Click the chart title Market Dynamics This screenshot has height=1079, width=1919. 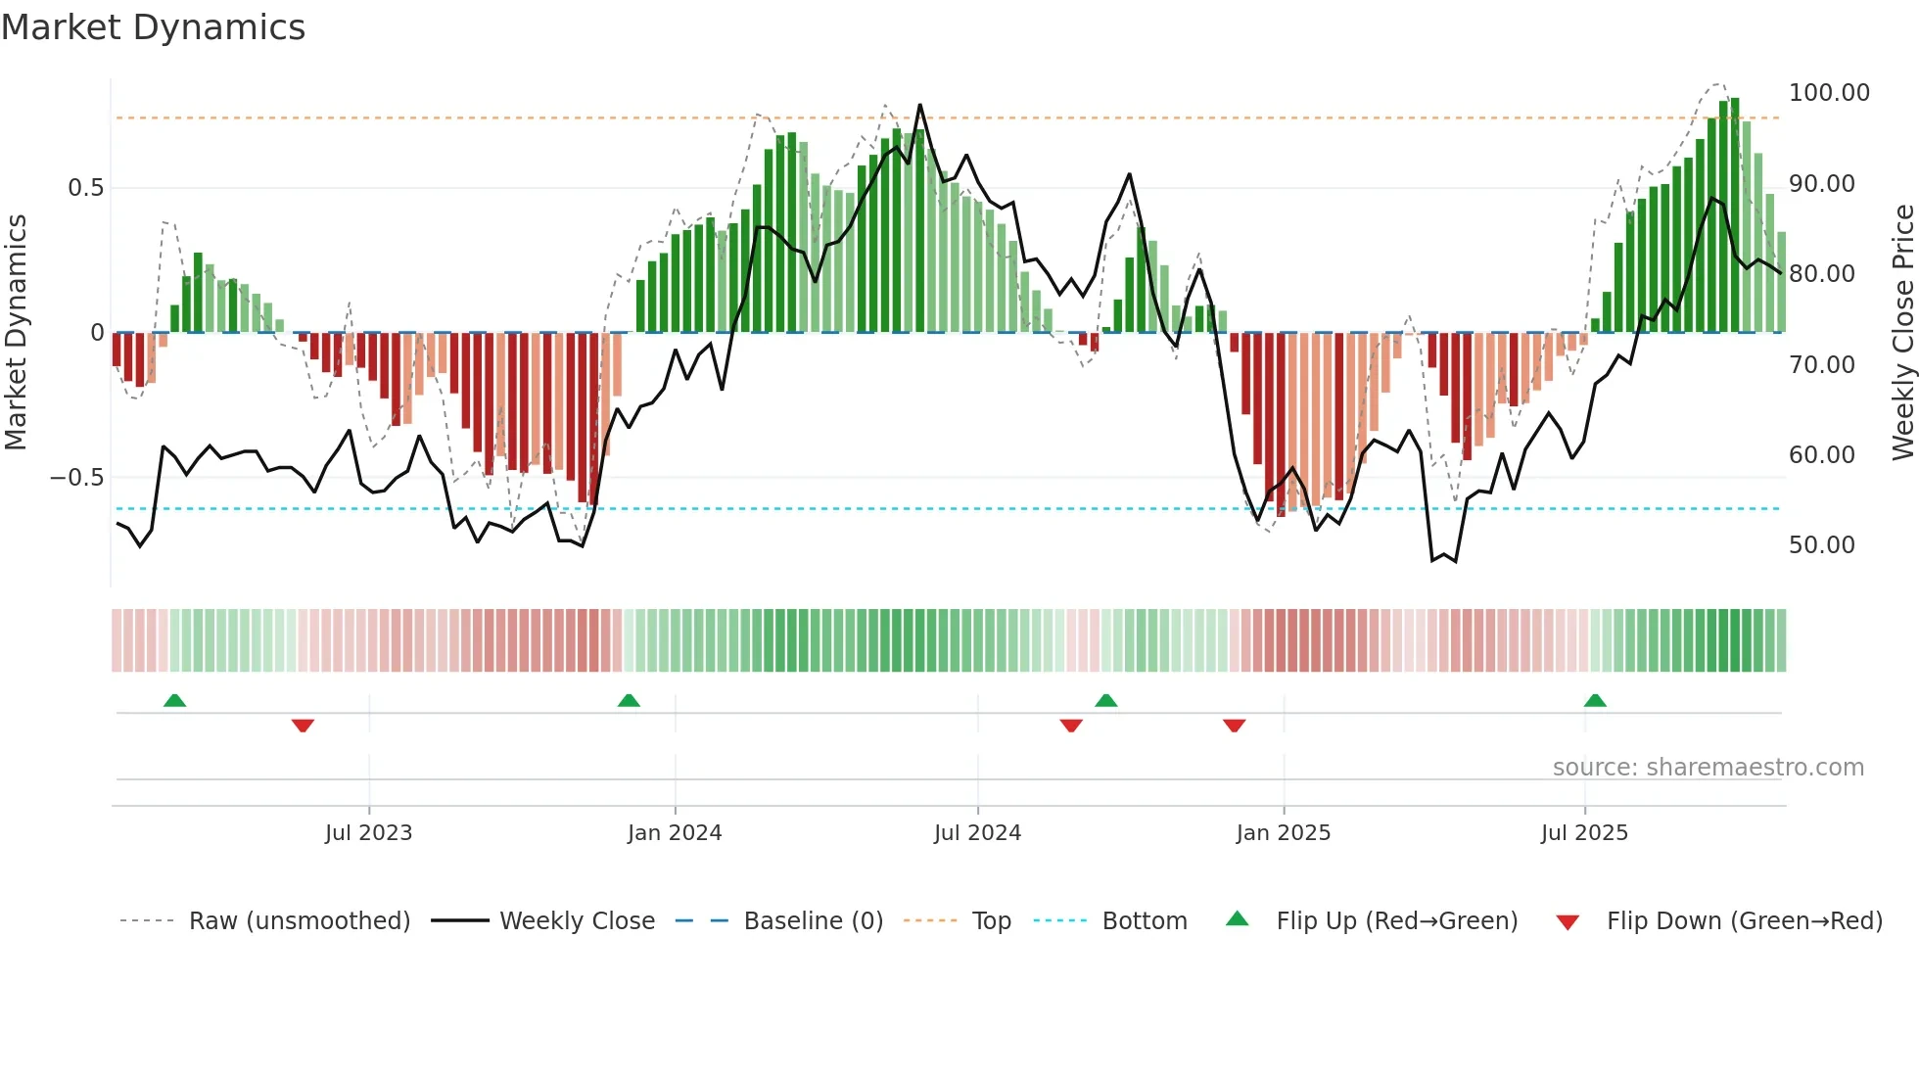pos(153,27)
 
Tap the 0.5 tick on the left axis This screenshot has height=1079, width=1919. pos(85,188)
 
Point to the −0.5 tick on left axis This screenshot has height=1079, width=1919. pos(76,478)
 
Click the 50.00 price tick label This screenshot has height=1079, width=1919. pos(1821,545)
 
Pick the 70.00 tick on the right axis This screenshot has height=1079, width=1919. pos(1821,365)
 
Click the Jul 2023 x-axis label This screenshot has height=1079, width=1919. pos(368,833)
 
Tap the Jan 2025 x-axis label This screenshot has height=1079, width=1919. pos(1283,833)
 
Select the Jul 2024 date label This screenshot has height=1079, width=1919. pos(977,833)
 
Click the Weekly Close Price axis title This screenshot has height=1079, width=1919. pos(1902,332)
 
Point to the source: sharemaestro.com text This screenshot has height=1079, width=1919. pos(1708,768)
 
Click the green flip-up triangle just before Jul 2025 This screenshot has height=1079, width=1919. pos(1595,701)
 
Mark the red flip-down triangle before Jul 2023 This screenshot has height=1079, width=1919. pos(303,726)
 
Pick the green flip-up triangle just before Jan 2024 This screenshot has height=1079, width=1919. pos(629,701)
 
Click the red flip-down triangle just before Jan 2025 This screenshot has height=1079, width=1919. pos(1234,726)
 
